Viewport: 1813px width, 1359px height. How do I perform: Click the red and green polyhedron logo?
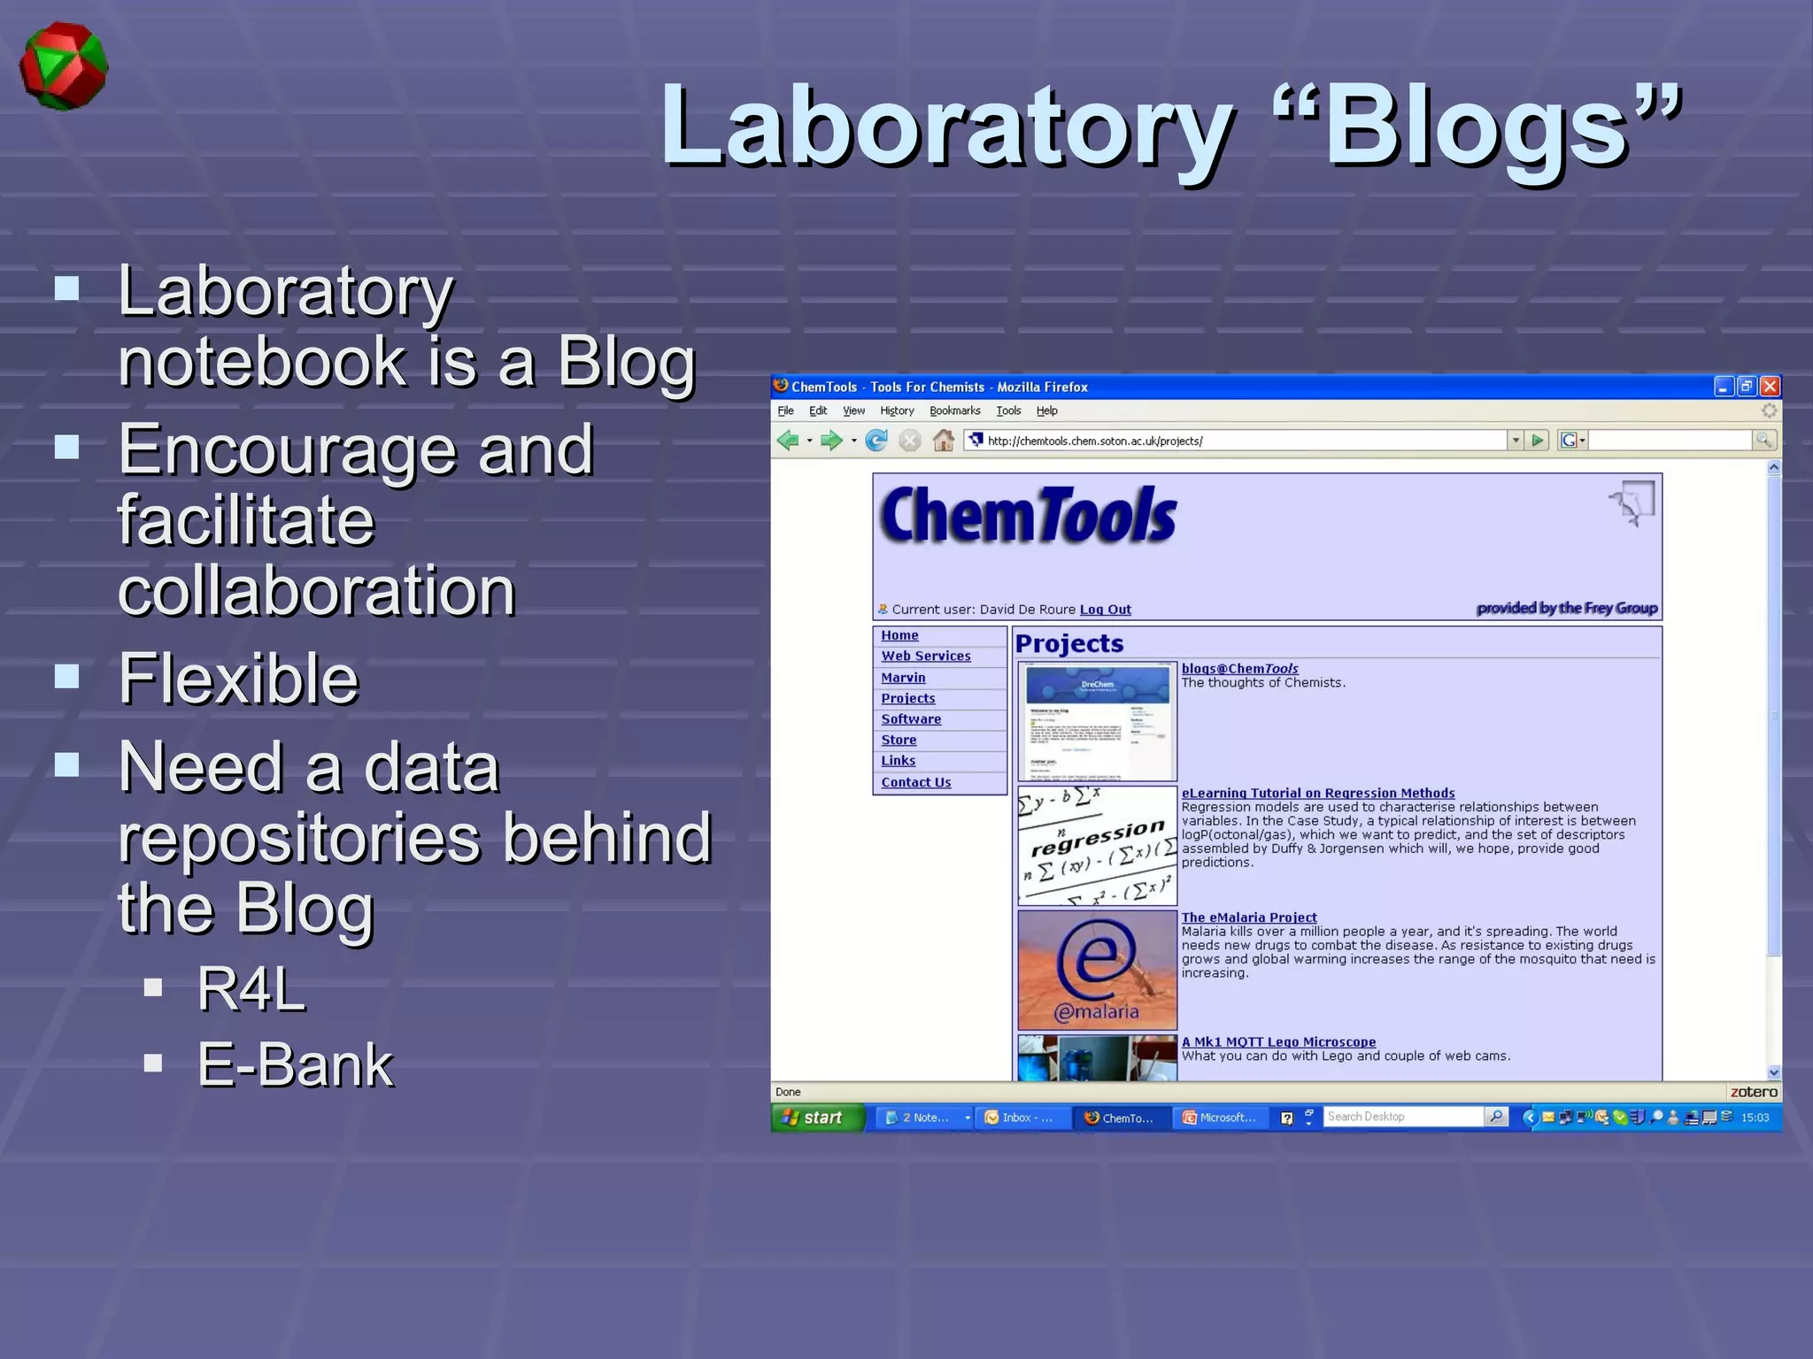64,67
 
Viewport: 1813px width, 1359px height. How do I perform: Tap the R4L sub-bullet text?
251,988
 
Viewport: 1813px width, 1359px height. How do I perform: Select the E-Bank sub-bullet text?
295,1064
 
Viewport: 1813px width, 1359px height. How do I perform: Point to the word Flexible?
238,679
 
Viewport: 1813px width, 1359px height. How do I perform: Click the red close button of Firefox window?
1770,387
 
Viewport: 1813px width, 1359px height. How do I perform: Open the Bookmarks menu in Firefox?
954,411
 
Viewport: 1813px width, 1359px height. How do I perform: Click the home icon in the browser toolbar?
944,441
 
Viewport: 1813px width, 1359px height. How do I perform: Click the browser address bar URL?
1094,441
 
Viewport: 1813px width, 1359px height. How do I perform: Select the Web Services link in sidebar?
925,656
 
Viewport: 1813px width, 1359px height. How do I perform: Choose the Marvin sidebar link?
903,678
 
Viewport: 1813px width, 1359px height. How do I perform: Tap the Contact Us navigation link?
915,782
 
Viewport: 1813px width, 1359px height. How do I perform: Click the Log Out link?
1105,610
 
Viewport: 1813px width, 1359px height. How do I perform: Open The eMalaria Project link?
1248,918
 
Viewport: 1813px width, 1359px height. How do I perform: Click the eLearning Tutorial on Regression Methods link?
1317,794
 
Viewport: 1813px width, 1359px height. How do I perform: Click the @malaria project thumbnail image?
1097,970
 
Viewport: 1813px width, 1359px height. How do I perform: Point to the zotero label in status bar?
1753,1092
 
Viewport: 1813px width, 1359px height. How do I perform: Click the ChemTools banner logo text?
1028,515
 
